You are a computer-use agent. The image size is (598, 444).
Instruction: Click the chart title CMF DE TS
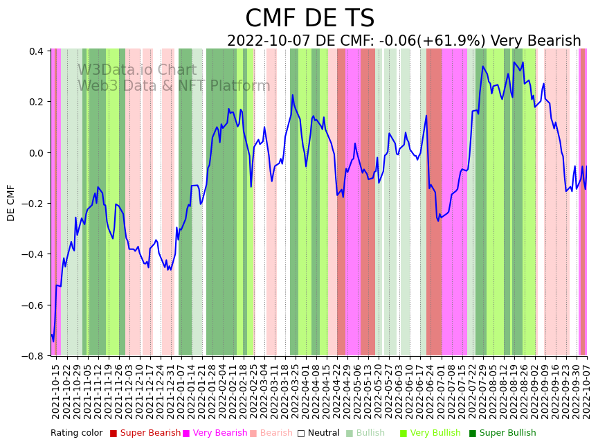[309, 19]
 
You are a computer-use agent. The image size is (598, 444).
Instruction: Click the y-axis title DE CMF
[11, 202]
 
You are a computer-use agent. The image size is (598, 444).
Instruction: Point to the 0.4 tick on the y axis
[36, 51]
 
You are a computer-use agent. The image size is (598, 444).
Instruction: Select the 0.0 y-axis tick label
[36, 153]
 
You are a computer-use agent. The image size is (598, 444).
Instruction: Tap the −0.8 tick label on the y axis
[33, 356]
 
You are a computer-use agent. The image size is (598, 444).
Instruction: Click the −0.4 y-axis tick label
[33, 254]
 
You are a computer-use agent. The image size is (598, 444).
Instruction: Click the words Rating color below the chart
[76, 434]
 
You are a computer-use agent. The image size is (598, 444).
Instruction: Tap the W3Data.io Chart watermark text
[137, 71]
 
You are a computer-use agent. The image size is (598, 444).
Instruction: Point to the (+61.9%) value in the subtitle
[452, 42]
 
